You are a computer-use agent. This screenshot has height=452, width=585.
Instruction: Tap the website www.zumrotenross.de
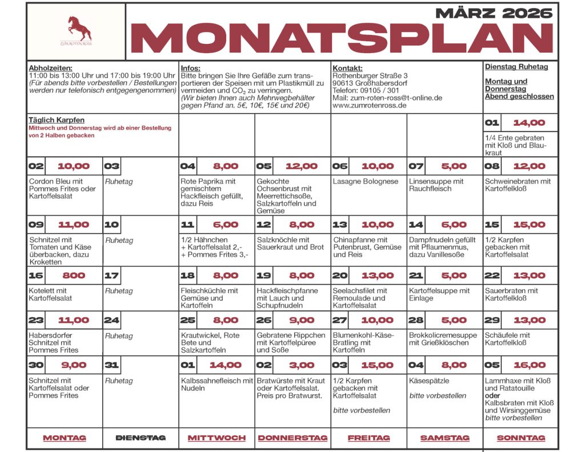370,105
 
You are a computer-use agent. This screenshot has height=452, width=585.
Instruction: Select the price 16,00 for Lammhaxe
529,365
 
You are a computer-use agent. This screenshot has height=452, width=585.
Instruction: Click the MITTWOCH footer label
217,438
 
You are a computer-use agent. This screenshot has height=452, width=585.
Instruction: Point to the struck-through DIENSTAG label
141,438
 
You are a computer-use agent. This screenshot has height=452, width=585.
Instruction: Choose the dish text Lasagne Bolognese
366,181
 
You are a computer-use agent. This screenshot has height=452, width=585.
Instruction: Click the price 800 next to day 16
74,275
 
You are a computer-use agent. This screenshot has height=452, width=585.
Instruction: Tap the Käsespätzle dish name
430,381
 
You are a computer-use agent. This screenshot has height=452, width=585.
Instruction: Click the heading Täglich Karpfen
57,120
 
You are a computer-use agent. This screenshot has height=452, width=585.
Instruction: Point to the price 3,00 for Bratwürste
301,365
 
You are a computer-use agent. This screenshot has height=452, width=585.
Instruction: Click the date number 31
112,365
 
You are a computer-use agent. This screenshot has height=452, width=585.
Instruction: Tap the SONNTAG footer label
520,438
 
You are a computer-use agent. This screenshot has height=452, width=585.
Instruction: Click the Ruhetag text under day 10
119,240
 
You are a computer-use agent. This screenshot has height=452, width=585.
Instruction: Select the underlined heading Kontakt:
347,68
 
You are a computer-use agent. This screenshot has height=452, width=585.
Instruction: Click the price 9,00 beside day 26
301,321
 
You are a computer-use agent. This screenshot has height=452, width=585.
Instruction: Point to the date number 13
340,225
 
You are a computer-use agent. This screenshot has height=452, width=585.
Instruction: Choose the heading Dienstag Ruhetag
516,67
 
